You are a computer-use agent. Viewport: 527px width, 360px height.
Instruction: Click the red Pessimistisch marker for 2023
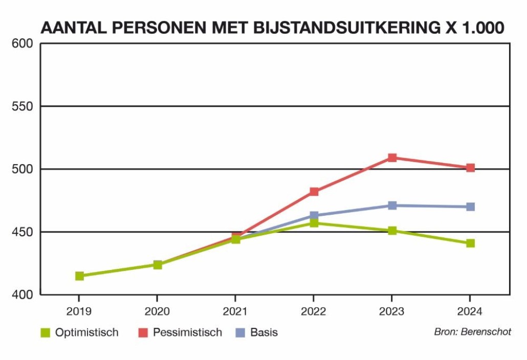(392, 157)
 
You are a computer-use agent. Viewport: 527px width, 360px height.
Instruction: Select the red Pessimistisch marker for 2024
(470, 168)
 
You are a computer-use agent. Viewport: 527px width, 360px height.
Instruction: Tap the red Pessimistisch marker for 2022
(314, 192)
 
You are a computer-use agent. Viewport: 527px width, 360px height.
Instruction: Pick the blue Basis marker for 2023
(392, 206)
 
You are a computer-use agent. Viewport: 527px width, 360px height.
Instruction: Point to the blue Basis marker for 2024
(470, 207)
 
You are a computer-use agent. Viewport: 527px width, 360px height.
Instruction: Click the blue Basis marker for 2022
(314, 216)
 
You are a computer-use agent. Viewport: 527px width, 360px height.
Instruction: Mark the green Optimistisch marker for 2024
(470, 243)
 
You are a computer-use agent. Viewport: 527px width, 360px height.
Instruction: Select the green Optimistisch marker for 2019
(79, 276)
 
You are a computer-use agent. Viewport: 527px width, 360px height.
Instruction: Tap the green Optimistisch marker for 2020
(158, 264)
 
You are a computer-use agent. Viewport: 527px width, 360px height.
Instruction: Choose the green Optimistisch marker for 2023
(392, 231)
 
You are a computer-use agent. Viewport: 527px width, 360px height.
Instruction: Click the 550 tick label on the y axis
(23, 106)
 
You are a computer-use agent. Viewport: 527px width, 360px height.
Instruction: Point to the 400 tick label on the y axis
(23, 295)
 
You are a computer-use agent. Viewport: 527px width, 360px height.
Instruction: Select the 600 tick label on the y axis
(23, 44)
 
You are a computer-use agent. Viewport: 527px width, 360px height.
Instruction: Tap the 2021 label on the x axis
(235, 311)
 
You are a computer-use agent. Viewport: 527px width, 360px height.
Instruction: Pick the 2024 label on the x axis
(470, 311)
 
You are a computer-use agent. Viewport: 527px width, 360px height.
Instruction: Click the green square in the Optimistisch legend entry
(46, 333)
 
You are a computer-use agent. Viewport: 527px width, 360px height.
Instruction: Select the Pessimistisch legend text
(187, 333)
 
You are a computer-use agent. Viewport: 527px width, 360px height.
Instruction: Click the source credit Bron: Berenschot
(472, 332)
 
